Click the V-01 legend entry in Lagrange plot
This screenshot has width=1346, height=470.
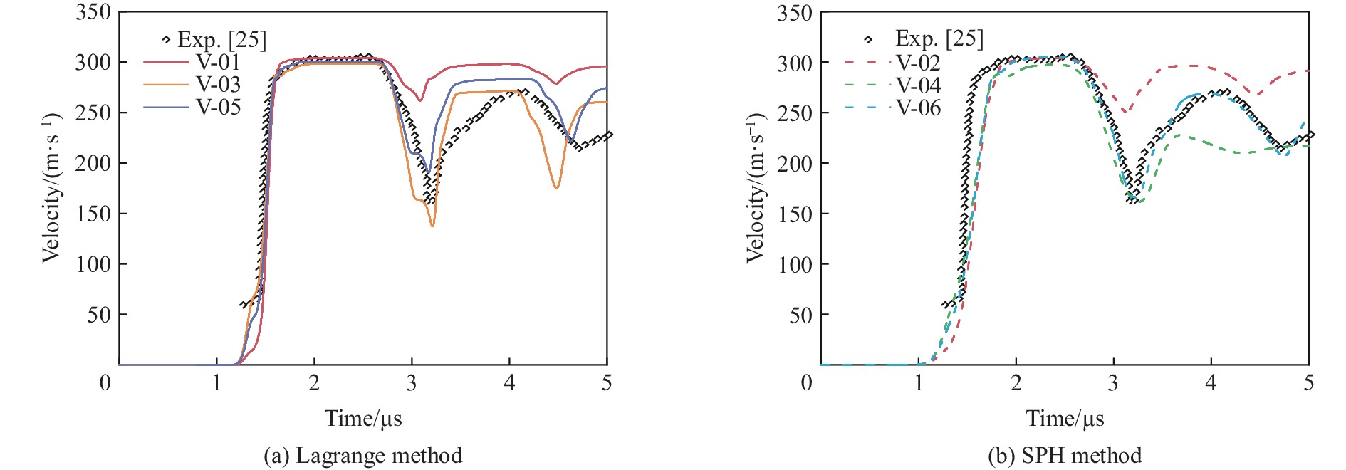tap(218, 63)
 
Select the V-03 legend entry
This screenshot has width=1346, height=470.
tap(218, 85)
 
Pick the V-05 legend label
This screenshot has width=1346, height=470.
tap(218, 108)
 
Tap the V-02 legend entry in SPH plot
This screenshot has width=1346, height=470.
tap(918, 63)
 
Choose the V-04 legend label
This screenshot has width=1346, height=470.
tap(918, 85)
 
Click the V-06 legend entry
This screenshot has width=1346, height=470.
tap(918, 108)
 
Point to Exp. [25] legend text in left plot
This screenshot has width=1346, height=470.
tap(221, 40)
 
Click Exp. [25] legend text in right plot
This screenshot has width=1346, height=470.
tap(939, 38)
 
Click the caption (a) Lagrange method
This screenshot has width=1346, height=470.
tap(362, 456)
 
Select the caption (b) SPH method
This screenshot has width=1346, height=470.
tap(1065, 456)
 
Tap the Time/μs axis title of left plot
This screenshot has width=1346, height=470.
tap(363, 418)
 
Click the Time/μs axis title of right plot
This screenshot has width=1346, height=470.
tap(1065, 418)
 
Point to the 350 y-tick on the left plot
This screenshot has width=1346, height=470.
tap(93, 12)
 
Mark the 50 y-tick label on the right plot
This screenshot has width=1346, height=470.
tap(800, 315)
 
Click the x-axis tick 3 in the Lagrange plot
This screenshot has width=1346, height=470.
tap(412, 383)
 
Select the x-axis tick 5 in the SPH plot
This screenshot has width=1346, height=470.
tap(1308, 383)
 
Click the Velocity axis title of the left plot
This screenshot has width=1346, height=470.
tap(50, 188)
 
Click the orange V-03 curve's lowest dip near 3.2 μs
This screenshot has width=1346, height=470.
tap(432, 225)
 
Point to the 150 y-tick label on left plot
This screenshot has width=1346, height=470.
tap(93, 214)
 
